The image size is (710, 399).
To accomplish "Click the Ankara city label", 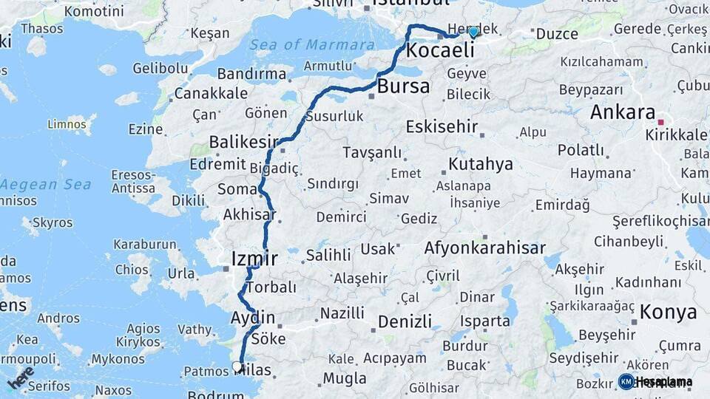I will tap(623, 113).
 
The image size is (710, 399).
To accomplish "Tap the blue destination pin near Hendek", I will tap(473, 32).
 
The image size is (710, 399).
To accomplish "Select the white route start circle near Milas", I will tap(237, 366).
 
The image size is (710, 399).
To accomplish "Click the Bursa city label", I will tap(403, 86).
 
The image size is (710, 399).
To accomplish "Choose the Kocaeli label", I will tap(440, 51).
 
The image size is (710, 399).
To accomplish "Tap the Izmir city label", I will tap(254, 259).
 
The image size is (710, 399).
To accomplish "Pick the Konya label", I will tap(669, 312).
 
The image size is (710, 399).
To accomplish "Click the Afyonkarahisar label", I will tap(485, 249).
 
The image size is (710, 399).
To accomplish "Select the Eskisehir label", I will tap(442, 126).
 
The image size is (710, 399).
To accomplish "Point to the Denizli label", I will tap(405, 321).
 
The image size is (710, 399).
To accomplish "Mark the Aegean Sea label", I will tap(46, 185).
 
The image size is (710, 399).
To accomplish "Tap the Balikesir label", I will tap(243, 141).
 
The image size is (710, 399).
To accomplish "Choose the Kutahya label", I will tap(481, 164).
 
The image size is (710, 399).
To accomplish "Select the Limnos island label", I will tap(67, 124).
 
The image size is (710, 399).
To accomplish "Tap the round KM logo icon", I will tap(626, 381).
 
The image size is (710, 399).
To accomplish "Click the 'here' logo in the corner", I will tap(21, 378).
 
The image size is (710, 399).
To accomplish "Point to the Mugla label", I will tap(345, 379).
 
